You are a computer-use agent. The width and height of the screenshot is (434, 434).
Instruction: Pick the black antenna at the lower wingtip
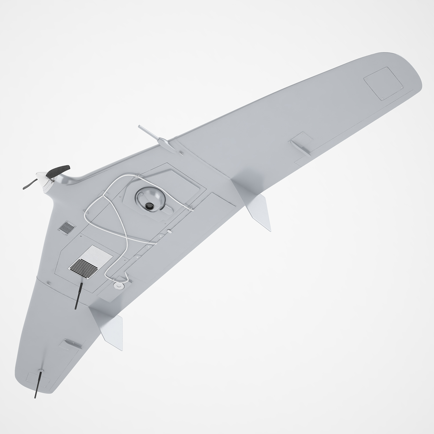38,385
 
